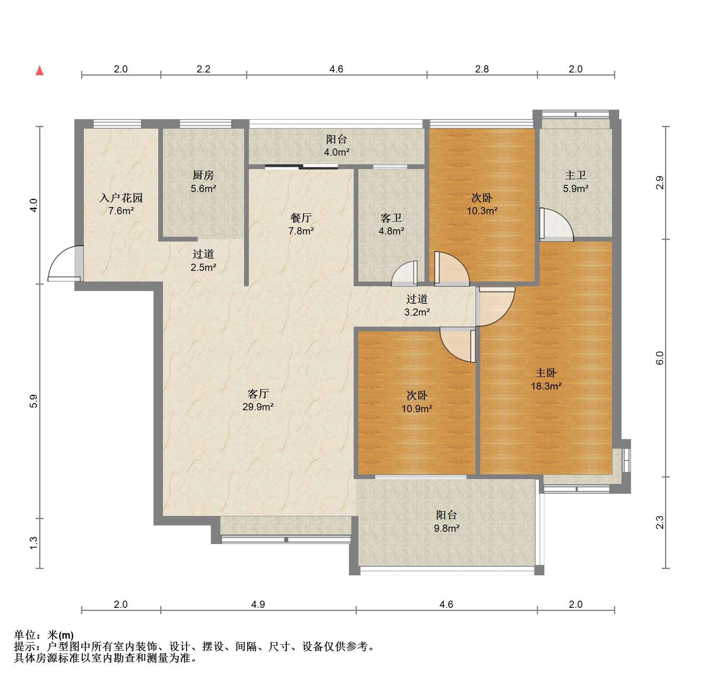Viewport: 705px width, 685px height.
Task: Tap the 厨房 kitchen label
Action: click(x=203, y=175)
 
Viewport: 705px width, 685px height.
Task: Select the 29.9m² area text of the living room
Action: click(x=258, y=407)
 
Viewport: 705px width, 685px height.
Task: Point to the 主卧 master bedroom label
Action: click(x=546, y=373)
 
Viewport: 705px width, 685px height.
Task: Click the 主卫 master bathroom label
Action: click(x=576, y=175)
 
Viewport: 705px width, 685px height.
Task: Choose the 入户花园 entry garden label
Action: click(x=121, y=198)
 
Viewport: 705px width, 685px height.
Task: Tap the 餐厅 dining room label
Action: click(x=301, y=217)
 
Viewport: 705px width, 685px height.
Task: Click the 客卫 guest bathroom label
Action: click(x=391, y=217)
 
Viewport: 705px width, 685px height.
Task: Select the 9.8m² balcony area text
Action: click(x=447, y=528)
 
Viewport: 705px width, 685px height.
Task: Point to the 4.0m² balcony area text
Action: click(x=337, y=152)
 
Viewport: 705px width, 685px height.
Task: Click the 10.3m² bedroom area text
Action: click(x=482, y=211)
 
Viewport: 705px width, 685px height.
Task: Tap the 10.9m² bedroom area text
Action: click(x=417, y=408)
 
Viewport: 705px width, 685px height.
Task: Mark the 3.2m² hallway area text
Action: click(x=417, y=312)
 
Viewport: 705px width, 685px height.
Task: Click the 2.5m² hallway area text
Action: click(x=203, y=267)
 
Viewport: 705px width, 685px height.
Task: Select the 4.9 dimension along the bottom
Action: click(x=258, y=604)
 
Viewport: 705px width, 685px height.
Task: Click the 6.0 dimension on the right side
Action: click(x=660, y=358)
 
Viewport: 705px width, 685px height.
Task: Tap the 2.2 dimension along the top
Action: click(x=203, y=69)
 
